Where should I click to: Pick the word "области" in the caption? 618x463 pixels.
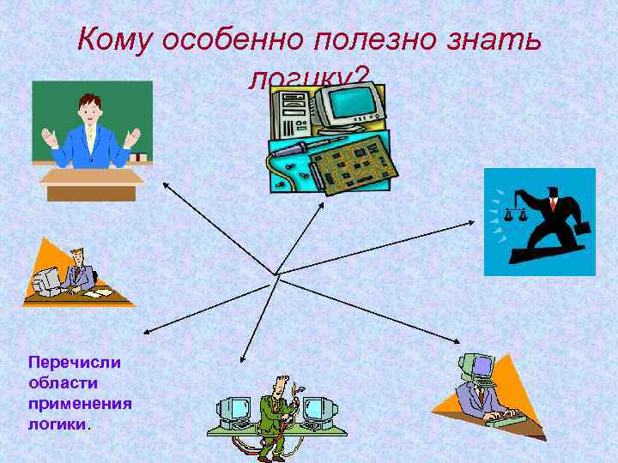[x=63, y=382]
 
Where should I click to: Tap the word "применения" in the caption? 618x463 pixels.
[x=79, y=403]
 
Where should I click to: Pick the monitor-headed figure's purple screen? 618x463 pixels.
[x=482, y=366]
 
